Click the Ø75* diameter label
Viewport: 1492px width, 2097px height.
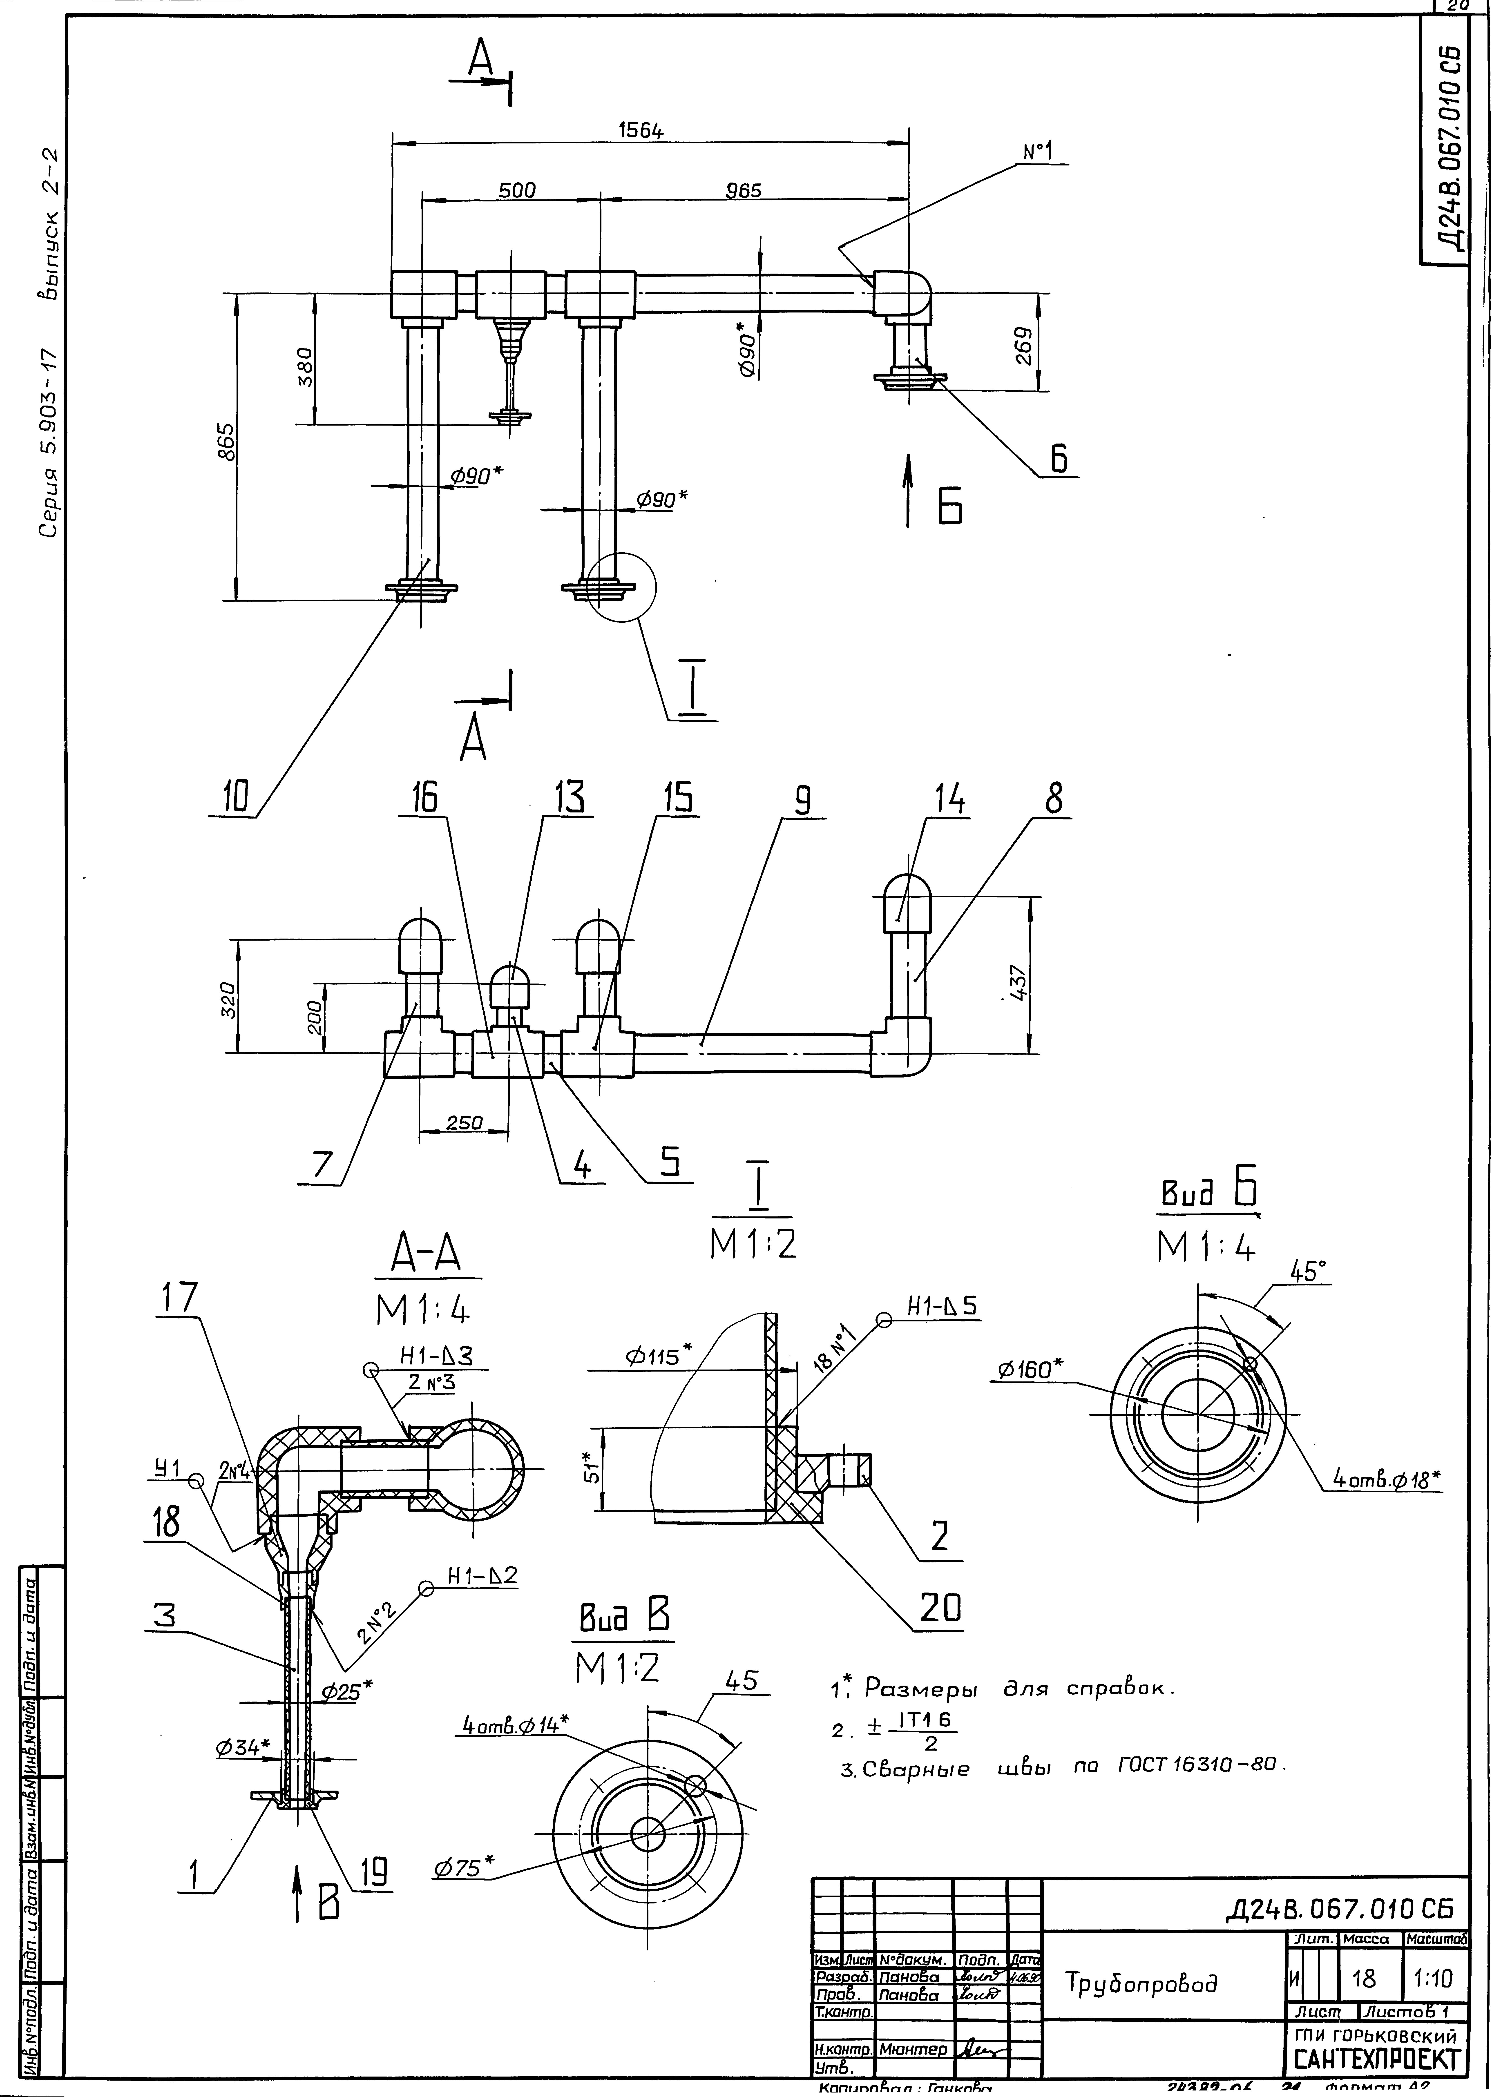point(464,1865)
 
